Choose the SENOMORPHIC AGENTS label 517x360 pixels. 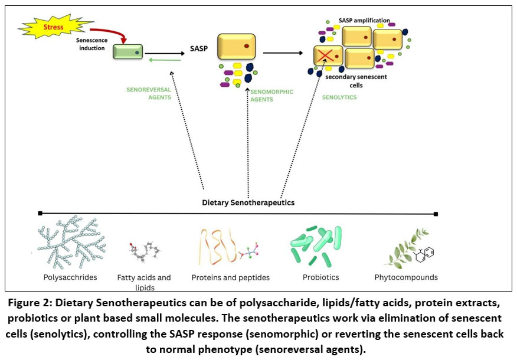(x=271, y=96)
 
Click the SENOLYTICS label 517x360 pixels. (x=339, y=97)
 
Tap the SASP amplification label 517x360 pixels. (x=364, y=21)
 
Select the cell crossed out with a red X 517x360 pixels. (x=328, y=57)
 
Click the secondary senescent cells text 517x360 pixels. (x=348, y=81)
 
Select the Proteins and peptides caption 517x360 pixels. (x=231, y=277)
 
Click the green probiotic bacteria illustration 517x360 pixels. (x=313, y=245)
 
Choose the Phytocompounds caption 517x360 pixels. (x=406, y=277)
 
